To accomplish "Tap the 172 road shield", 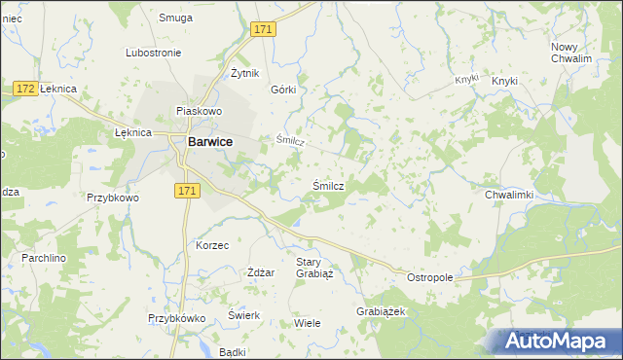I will tap(26, 90).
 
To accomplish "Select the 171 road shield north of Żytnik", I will tap(263, 31).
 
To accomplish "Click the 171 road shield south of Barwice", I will tap(189, 192).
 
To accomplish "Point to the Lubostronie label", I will tap(156, 53).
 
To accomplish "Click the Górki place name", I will tap(282, 89).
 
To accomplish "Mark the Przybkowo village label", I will tap(113, 197).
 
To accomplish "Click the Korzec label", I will tap(212, 245).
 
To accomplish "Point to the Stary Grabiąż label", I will tap(314, 268).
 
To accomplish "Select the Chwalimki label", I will tap(509, 195).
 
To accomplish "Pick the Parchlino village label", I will tap(43, 259).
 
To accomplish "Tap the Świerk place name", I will tap(242, 315).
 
